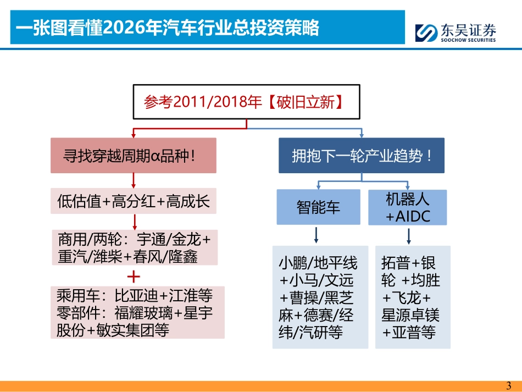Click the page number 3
pos(508,385)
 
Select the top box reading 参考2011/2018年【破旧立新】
pos(246,102)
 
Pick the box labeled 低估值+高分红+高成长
pos(133,201)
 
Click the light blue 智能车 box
pos(318,207)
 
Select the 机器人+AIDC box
pos(407,207)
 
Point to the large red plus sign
pos(134,275)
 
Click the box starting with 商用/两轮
pos(134,247)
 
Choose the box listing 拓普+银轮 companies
pos(413,297)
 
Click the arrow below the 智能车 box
pos(317,235)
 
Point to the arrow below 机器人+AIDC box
pos(409,235)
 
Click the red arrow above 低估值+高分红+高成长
pos(134,180)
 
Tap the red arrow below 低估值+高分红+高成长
pos(134,222)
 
